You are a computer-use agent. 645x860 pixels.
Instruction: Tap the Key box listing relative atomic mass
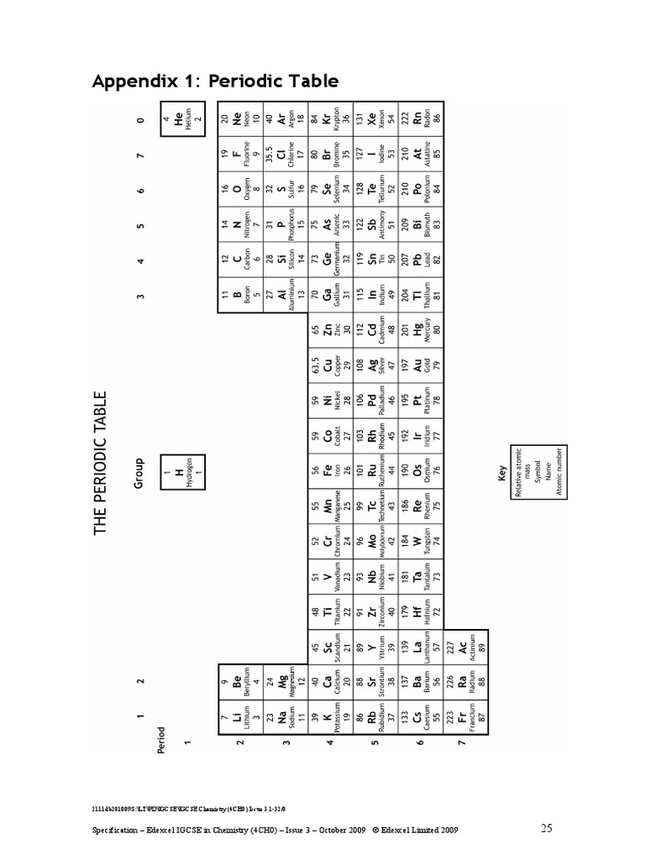[x=528, y=472]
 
